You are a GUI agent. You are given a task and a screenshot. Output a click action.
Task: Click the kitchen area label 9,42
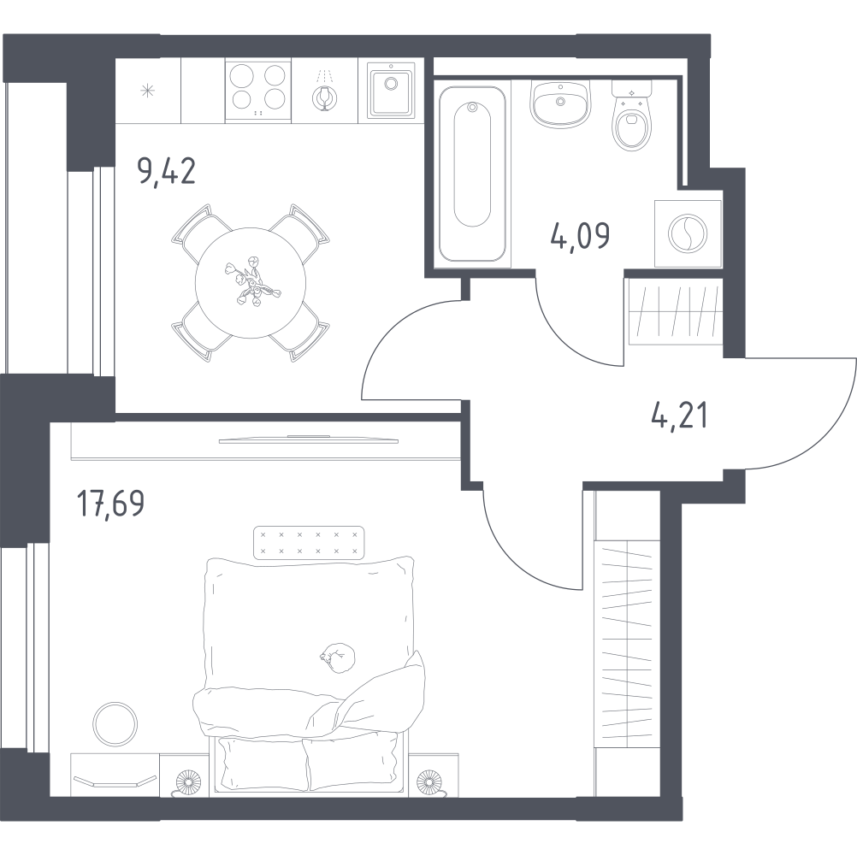tap(166, 172)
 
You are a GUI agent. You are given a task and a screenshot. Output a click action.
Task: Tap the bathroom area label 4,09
tap(581, 237)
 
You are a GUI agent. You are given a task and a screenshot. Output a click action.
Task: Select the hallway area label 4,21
tap(679, 416)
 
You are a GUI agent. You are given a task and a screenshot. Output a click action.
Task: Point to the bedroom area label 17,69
tap(111, 503)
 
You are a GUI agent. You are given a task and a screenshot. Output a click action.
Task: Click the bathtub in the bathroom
tap(472, 174)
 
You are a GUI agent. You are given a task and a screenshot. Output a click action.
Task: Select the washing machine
tap(689, 233)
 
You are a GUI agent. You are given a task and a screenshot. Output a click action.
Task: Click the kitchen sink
tap(391, 90)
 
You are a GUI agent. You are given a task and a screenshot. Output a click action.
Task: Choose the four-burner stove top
tap(258, 90)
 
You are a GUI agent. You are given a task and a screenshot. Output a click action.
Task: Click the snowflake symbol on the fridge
tap(148, 91)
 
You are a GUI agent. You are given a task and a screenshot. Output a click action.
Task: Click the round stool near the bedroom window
tap(115, 724)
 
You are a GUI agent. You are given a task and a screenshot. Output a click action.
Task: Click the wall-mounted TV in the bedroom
tap(308, 439)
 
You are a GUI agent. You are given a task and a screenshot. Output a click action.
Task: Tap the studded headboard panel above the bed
tap(310, 543)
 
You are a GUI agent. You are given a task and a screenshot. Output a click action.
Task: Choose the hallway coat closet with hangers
tap(628, 642)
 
